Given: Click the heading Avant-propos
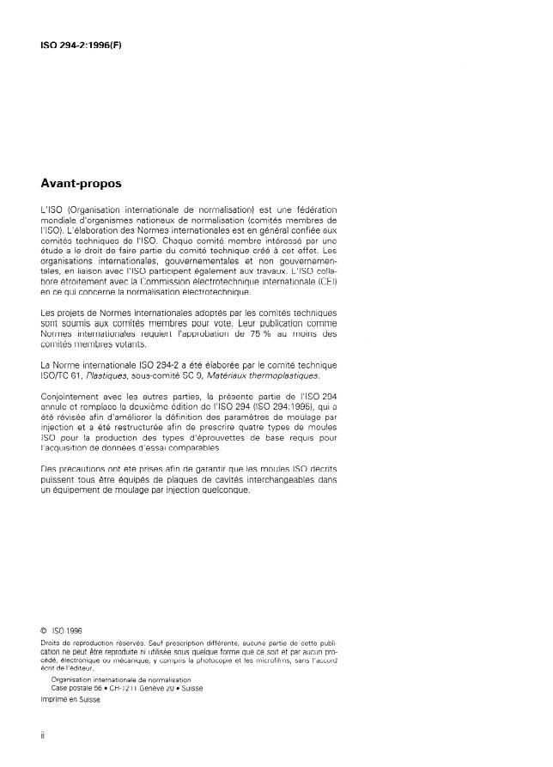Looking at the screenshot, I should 82,184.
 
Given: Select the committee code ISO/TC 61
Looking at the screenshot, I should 65,375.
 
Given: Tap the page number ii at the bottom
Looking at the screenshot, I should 43,736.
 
